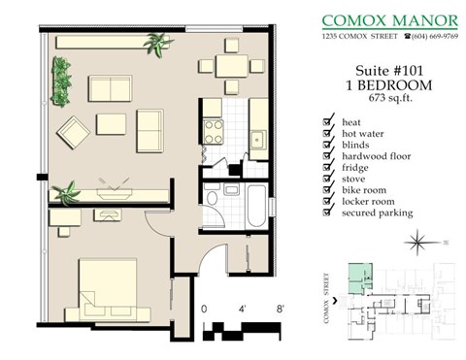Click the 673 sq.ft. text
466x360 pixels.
386,98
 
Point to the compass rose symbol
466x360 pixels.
419,239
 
